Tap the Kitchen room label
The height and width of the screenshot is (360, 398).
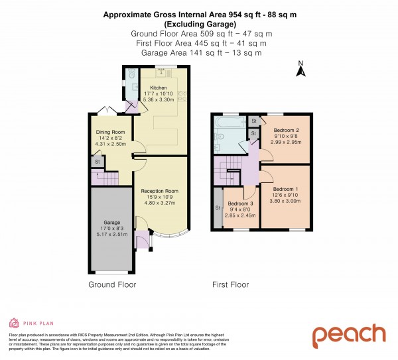[159, 87]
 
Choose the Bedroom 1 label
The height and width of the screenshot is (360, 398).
[287, 188]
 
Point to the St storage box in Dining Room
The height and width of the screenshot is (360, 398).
[97, 161]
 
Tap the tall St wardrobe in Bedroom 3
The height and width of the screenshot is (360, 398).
[218, 208]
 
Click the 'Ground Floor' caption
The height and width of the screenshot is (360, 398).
[112, 284]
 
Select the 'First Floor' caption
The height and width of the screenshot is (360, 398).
[230, 284]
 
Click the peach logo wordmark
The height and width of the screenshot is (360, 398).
[349, 335]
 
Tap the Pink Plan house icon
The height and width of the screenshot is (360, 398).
[14, 324]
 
